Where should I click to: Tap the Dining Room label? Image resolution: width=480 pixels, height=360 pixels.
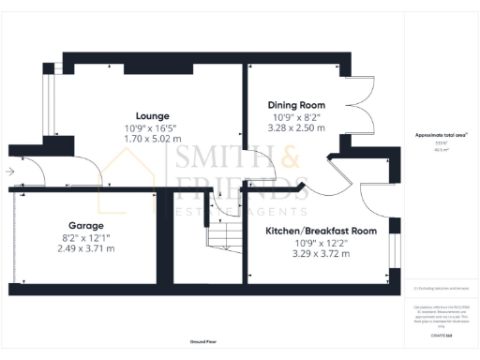click(295, 104)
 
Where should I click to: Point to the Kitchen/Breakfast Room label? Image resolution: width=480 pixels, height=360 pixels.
click(321, 231)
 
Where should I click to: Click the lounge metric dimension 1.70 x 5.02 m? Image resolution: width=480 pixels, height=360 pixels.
click(138, 138)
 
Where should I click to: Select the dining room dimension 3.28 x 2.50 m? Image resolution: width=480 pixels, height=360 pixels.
click(295, 127)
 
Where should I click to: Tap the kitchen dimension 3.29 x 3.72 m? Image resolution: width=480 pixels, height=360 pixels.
click(321, 253)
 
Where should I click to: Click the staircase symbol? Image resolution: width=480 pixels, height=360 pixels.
click(222, 235)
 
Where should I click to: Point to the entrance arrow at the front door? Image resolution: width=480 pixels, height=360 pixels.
click(9, 172)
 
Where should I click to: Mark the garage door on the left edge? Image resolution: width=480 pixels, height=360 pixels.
click(13, 238)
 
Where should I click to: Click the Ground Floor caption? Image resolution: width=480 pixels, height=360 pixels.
click(204, 342)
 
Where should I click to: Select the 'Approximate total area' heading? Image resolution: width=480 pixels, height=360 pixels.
click(441, 136)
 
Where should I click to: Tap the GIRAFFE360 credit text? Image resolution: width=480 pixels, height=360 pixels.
click(441, 334)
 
